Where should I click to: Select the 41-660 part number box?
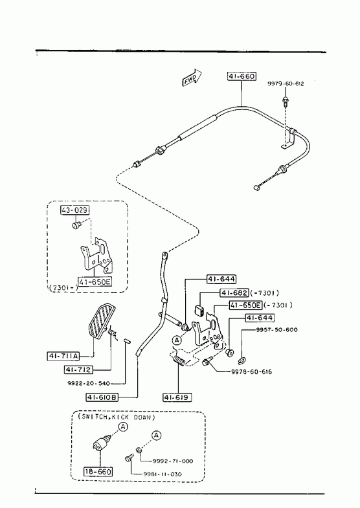pyautogui.click(x=242, y=76)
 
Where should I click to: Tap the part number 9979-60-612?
pyautogui.click(x=286, y=83)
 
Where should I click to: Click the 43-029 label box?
pyautogui.click(x=75, y=210)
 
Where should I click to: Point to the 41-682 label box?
pyautogui.click(x=234, y=293)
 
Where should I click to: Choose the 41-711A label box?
pyautogui.click(x=63, y=357)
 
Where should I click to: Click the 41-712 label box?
pyautogui.click(x=79, y=370)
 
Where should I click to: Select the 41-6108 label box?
pyautogui.click(x=102, y=397)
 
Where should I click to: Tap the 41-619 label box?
pyautogui.click(x=177, y=397)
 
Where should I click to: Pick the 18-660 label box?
pyautogui.click(x=98, y=471)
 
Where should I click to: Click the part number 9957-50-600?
pyautogui.click(x=276, y=330)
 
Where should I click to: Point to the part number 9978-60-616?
pyautogui.click(x=251, y=372)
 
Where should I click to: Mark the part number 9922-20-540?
pyautogui.click(x=89, y=384)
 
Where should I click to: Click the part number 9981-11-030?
pyautogui.click(x=163, y=474)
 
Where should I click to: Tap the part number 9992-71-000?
pyautogui.click(x=173, y=461)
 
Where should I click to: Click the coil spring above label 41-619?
pyautogui.click(x=178, y=361)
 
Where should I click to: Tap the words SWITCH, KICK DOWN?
pyautogui.click(x=117, y=417)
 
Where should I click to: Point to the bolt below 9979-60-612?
pyautogui.click(x=286, y=102)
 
